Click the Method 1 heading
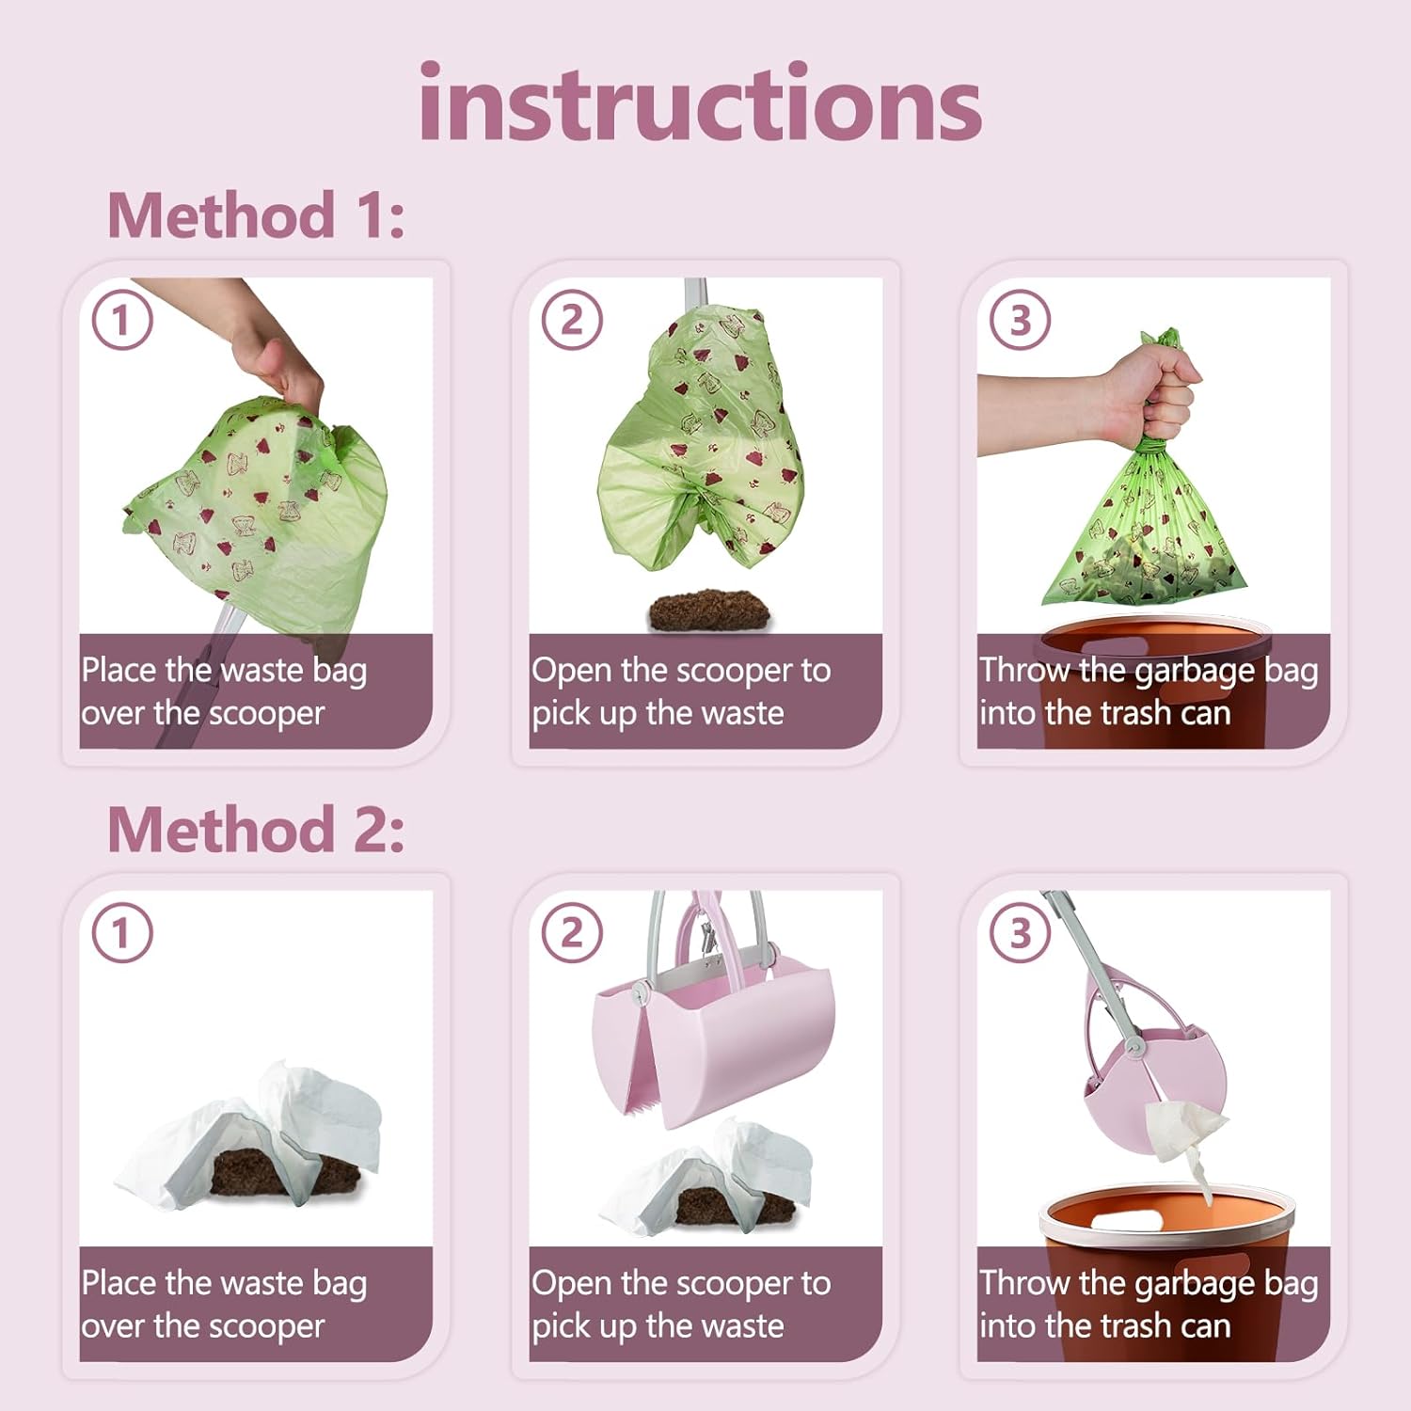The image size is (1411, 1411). pyautogui.click(x=256, y=215)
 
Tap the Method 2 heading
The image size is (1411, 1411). pyautogui.click(x=256, y=829)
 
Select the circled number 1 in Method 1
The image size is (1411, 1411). pyautogui.click(x=122, y=320)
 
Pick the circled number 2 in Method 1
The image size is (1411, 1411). pyautogui.click(x=572, y=320)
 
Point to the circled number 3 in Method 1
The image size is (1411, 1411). pyautogui.click(x=1021, y=320)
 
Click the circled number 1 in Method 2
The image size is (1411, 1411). pyautogui.click(x=122, y=933)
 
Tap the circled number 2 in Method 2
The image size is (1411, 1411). pyautogui.click(x=572, y=933)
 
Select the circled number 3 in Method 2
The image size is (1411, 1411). pyautogui.click(x=1021, y=933)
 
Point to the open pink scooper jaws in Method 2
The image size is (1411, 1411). pyautogui.click(x=712, y=1039)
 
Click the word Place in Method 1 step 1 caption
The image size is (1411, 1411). pyautogui.click(x=119, y=670)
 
